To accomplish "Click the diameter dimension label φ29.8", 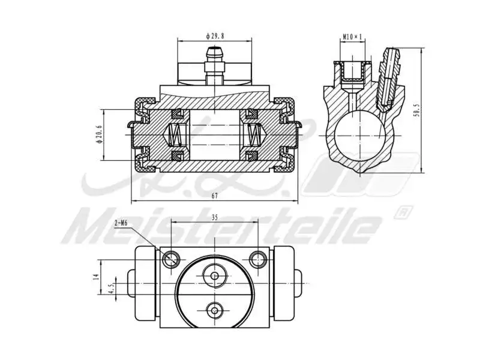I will point(214,35).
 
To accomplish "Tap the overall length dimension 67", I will point(214,196).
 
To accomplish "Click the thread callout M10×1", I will point(353,37).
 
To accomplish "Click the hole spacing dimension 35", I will point(215,218).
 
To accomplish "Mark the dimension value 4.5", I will point(110,289).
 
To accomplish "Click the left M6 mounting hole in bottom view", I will point(171,259).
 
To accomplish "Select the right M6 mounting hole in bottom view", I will point(259,259).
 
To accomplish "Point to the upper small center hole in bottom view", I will point(214,275).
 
